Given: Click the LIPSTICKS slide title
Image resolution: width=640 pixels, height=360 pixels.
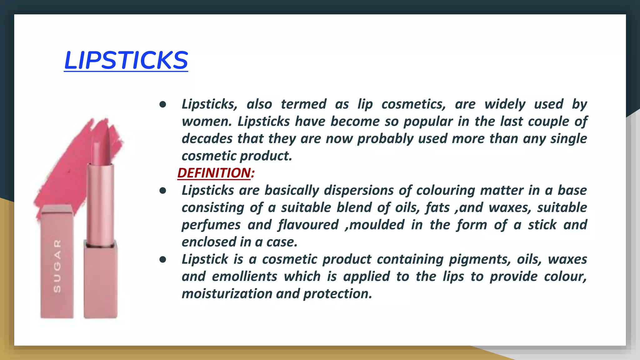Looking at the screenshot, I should coord(126,60).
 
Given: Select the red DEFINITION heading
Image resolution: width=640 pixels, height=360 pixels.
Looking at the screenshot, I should coord(214,173).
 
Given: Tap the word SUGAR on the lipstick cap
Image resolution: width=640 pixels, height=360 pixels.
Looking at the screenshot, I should coord(57,266).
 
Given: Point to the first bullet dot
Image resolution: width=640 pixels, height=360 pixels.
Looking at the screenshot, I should coord(162,104).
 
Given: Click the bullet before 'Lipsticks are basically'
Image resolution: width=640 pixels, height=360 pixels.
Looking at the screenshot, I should coord(162,191).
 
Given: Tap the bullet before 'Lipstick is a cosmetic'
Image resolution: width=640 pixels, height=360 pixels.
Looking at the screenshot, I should coord(162,259).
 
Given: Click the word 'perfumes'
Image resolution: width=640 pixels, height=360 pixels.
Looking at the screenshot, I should coord(211,225).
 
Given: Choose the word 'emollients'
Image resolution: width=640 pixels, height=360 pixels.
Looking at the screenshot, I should coord(244,276).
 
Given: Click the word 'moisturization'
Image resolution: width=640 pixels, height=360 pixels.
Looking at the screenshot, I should coord(227,294).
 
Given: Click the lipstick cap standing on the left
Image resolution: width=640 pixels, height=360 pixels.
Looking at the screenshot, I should coord(57,262).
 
